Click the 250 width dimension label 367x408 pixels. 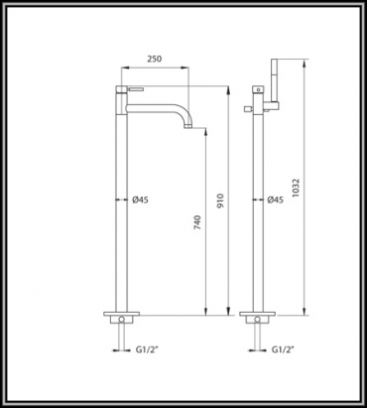[155, 59]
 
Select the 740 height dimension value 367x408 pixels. [197, 222]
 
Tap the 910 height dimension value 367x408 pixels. [220, 201]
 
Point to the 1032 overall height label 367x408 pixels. [296, 189]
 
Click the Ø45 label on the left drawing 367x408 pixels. [140, 200]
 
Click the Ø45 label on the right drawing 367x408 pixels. [275, 200]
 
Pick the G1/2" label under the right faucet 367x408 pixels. [283, 349]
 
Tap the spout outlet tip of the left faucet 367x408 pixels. [188, 126]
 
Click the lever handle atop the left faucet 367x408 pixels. [136, 88]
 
